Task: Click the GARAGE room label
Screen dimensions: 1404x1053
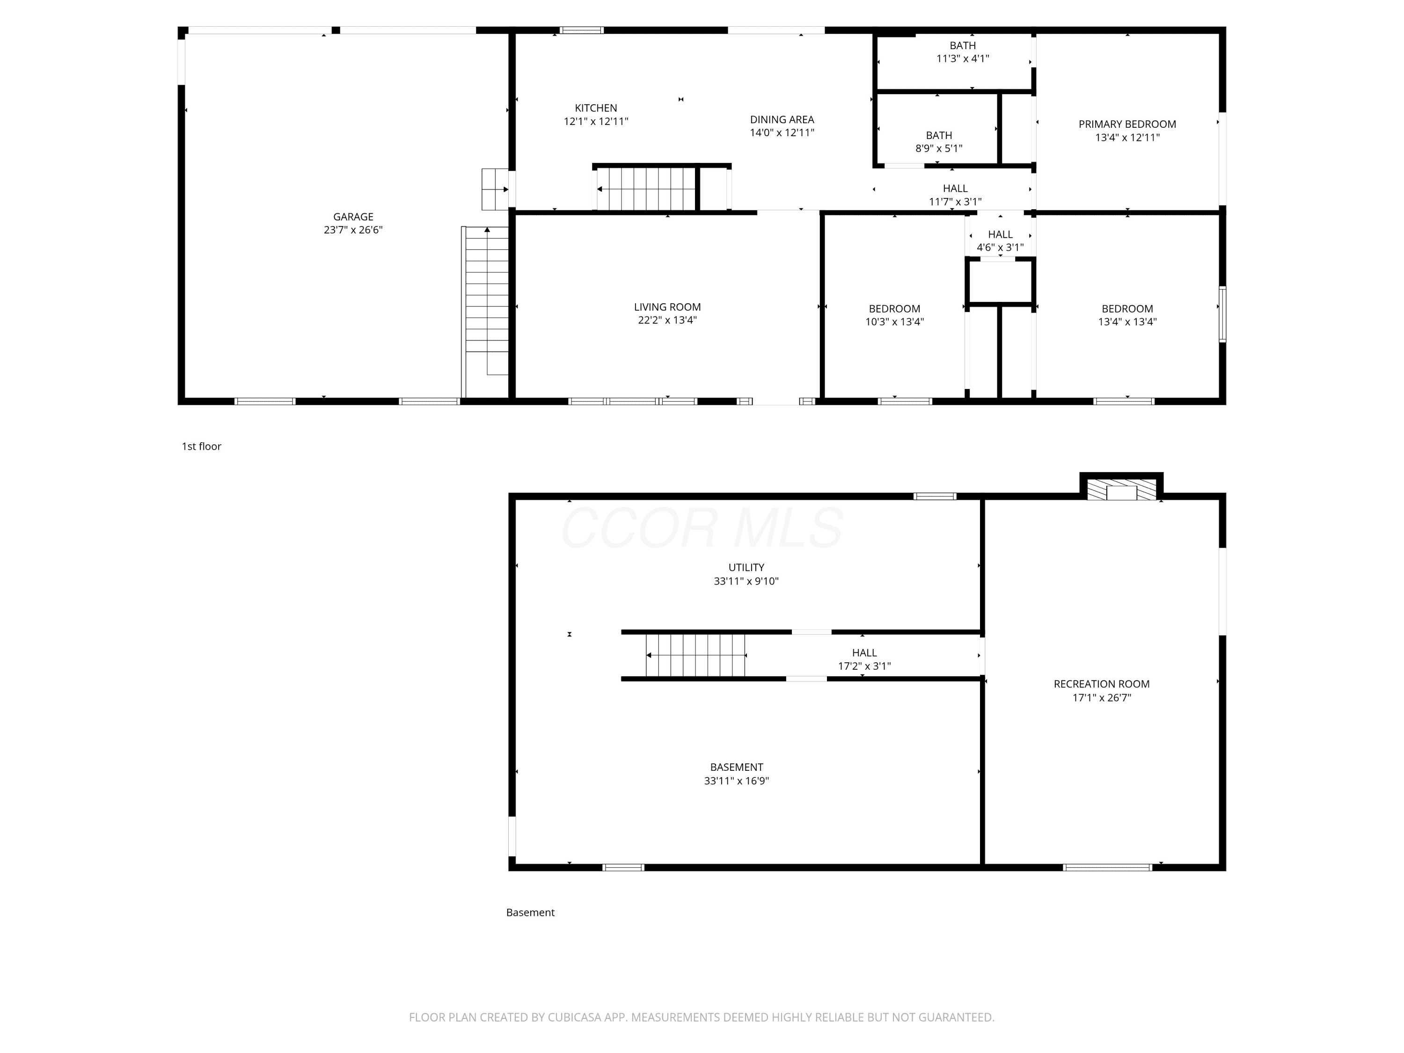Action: tap(353, 216)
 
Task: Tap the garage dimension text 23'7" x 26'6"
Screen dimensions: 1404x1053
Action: tap(353, 230)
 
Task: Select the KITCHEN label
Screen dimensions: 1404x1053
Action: tap(596, 108)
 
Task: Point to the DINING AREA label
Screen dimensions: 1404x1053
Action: tap(782, 119)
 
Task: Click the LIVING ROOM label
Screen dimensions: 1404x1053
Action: tap(667, 307)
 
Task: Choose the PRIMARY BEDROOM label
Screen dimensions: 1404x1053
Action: tap(1127, 124)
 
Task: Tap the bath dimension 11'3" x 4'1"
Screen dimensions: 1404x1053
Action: tap(962, 58)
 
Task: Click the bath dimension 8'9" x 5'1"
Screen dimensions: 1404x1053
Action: tap(939, 148)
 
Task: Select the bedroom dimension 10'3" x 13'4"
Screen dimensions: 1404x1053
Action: tap(894, 322)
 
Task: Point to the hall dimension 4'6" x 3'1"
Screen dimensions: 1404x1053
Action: tap(1000, 248)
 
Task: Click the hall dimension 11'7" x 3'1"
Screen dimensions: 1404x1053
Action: tap(955, 202)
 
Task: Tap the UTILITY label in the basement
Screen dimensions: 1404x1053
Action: tap(746, 567)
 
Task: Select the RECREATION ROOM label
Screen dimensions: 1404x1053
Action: tap(1102, 684)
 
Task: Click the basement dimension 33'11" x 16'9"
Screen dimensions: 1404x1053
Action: tap(736, 781)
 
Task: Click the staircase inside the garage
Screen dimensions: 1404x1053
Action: tap(486, 311)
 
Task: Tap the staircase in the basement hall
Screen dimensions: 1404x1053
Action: tap(695, 655)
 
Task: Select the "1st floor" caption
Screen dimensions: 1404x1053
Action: tap(201, 446)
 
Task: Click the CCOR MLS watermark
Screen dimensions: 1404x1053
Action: tap(702, 527)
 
